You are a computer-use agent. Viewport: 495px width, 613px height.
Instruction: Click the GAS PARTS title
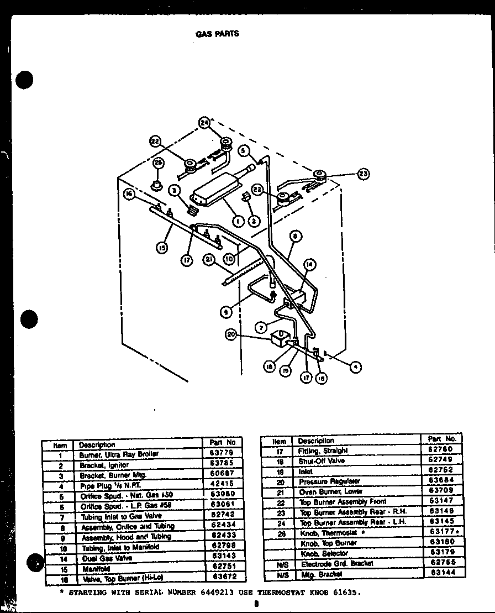pos(217,34)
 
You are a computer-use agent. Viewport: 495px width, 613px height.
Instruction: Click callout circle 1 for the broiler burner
pos(237,221)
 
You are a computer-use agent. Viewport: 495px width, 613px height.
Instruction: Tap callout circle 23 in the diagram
pos(363,174)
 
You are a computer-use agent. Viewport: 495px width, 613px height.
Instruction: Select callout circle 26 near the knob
pos(158,163)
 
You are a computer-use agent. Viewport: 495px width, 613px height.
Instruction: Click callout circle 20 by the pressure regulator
pos(231,334)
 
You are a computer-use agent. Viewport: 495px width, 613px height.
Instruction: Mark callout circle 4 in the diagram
pos(357,365)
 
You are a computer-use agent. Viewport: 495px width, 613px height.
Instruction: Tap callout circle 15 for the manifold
pos(161,248)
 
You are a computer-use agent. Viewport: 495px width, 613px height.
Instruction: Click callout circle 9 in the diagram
pos(226,312)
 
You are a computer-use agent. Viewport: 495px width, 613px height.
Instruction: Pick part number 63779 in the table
pos(223,453)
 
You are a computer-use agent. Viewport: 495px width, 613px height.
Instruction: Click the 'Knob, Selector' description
pos(324,553)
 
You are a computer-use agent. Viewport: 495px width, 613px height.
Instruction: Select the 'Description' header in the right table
pos(316,441)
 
